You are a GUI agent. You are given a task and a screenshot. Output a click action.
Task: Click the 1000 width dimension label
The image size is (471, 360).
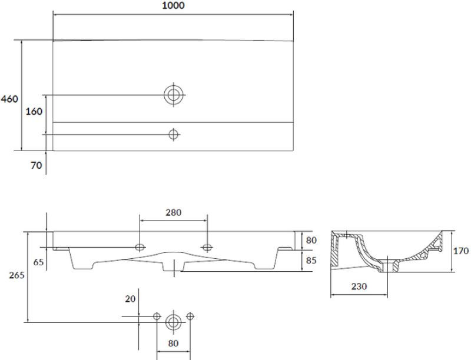pyautogui.click(x=173, y=5)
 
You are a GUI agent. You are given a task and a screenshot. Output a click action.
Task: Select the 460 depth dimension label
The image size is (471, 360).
pyautogui.click(x=9, y=99)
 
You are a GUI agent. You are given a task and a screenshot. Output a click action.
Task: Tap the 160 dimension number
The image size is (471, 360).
pyautogui.click(x=34, y=112)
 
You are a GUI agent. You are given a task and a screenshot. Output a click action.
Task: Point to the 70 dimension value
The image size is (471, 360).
pyautogui.click(x=37, y=165)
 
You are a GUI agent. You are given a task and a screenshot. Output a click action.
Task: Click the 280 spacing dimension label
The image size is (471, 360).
pyautogui.click(x=173, y=212)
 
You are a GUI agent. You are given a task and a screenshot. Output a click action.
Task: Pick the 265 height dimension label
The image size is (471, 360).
pyautogui.click(x=16, y=275)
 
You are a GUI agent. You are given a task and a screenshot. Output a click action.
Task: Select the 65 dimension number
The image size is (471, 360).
pyautogui.click(x=38, y=262)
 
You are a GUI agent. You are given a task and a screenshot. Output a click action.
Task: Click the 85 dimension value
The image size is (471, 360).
pyautogui.click(x=311, y=260)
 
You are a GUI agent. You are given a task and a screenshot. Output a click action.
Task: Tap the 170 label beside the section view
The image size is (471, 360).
pyautogui.click(x=461, y=251)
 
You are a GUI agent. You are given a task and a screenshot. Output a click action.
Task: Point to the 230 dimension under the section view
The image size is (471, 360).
pyautogui.click(x=359, y=286)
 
